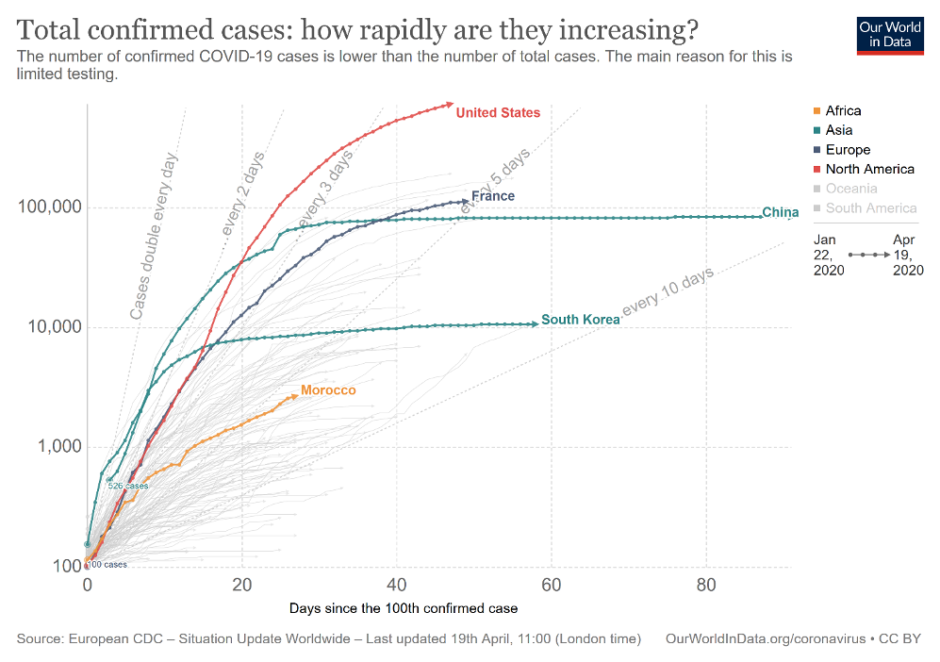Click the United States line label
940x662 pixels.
(x=498, y=113)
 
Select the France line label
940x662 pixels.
(x=493, y=196)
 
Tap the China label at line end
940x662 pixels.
(x=781, y=212)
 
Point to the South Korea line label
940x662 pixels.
(x=581, y=320)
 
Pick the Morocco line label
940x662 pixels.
(x=328, y=390)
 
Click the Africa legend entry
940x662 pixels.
(x=843, y=111)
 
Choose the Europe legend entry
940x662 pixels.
(x=848, y=150)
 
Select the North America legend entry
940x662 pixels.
(x=869, y=170)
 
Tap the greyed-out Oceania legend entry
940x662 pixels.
(x=850, y=189)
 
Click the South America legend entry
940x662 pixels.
(x=870, y=208)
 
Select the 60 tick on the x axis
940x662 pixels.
(x=551, y=585)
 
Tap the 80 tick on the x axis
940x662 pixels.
(x=705, y=585)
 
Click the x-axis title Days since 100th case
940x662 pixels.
(x=404, y=608)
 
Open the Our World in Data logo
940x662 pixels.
(x=890, y=34)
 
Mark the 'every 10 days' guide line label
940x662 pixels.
(x=668, y=290)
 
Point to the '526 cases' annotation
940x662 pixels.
(x=128, y=486)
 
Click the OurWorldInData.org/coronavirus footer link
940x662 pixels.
(x=765, y=639)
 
